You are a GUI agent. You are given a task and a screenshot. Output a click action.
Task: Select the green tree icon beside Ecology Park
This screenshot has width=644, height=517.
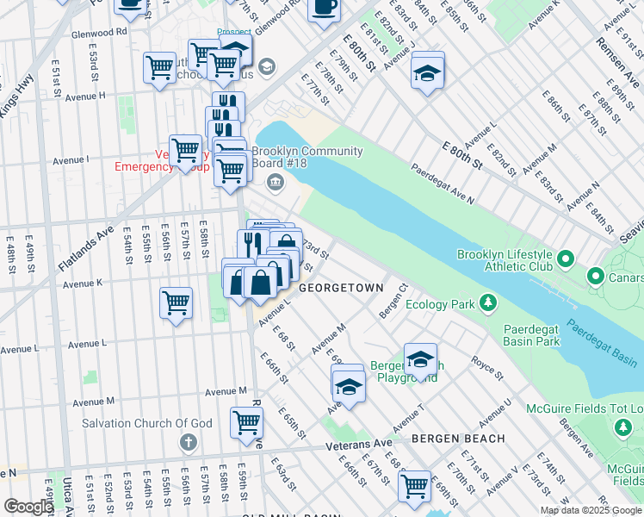[488, 302]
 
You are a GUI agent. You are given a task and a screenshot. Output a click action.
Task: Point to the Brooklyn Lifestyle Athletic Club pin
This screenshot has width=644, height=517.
[567, 258]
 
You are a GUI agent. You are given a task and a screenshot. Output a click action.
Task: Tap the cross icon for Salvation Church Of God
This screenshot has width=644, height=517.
[189, 442]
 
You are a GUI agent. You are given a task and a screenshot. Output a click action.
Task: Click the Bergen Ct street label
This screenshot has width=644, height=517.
[392, 299]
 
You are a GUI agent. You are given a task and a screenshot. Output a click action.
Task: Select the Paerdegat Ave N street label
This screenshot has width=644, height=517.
[442, 184]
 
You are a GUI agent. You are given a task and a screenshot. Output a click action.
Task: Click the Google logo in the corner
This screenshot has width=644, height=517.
[28, 507]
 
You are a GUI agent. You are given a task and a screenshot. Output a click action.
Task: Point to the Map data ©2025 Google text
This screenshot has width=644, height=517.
[590, 510]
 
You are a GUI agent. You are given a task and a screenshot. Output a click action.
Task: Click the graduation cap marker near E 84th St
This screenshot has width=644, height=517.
[427, 70]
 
